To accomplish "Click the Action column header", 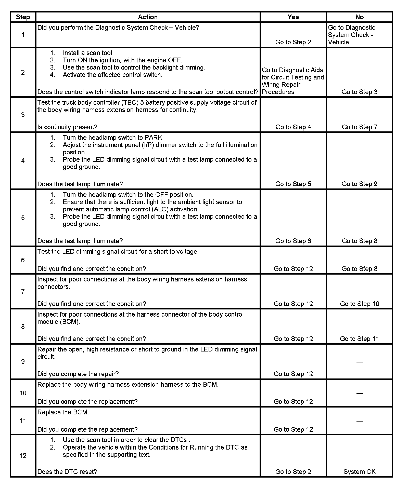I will click(148, 17).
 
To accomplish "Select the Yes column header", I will click(293, 17).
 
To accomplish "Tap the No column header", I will click(359, 17).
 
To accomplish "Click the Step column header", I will click(23, 17).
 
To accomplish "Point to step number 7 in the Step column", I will click(23, 291).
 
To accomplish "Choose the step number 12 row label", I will click(23, 456).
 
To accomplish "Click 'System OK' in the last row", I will click(359, 472).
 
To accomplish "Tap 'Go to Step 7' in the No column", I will click(359, 127).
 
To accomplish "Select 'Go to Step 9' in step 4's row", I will click(359, 184).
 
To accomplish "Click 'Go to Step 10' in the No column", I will click(359, 304).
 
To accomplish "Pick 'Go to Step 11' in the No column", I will click(359, 339).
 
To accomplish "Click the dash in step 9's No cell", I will click(359, 362).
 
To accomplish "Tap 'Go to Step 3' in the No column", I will click(359, 92).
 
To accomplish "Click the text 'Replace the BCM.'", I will click(63, 412).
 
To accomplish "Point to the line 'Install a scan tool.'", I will click(88, 53).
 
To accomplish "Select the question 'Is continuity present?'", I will click(67, 127).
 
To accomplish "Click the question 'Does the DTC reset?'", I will click(67, 472).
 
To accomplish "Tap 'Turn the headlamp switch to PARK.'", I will click(113, 138).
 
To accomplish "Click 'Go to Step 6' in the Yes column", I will click(293, 241).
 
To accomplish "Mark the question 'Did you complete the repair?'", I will click(78, 374).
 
